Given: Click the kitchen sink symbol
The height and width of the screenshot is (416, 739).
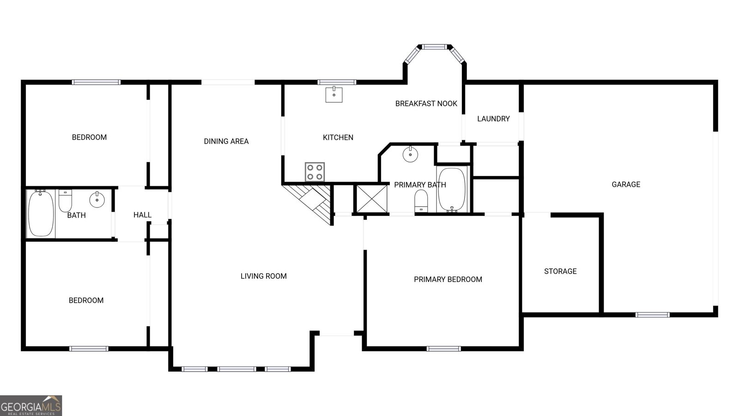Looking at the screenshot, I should coord(333,94).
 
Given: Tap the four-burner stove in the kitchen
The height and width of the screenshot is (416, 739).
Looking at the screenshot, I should coord(315,172).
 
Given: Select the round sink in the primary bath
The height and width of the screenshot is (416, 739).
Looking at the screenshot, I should coord(410,154).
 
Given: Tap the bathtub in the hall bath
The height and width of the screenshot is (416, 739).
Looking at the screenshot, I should coord(41,214).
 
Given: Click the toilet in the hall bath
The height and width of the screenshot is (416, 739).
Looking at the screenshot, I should coord(65,200).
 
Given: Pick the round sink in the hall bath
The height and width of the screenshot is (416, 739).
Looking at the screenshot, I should coord(97,200).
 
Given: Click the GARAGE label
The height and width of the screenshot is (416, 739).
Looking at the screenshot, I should coord(626,184).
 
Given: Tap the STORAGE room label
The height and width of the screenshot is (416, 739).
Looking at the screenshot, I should coord(560,271).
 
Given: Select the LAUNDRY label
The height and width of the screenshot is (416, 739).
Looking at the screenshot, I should coord(493,119).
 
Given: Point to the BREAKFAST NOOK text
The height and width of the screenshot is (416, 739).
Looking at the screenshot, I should coord(426,104).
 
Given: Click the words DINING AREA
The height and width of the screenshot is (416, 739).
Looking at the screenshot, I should coord(226,141).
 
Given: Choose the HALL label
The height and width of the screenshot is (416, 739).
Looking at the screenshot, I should coord(142,215).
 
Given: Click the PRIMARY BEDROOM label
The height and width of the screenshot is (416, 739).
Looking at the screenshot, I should coord(448,279).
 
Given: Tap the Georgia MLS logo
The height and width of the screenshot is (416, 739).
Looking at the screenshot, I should coord(31,406).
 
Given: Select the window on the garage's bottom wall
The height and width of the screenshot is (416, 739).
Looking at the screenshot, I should coord(652,315).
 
